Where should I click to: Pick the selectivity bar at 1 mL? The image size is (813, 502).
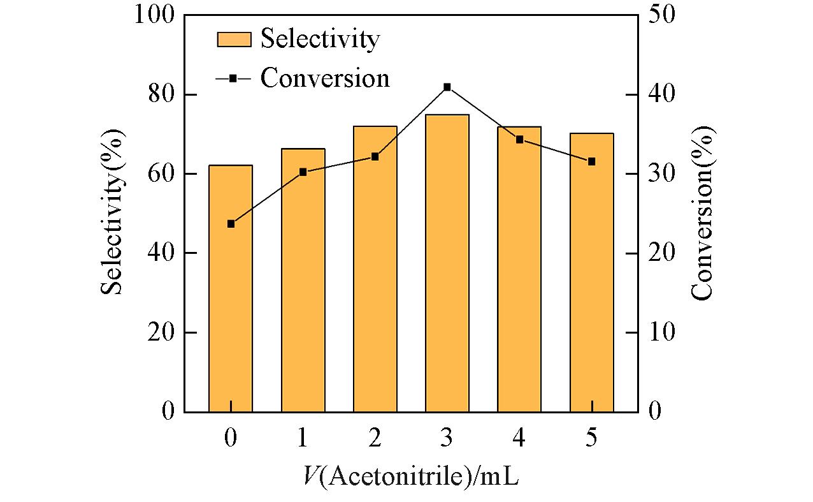[x=303, y=280]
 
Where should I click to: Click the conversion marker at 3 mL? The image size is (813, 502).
[x=447, y=87]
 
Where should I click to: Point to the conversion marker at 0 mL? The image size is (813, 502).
[x=231, y=224]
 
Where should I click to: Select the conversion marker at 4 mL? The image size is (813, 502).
[x=519, y=139]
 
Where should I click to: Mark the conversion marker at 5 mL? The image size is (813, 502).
[x=592, y=161]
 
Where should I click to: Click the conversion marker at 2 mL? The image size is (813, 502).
[x=375, y=156]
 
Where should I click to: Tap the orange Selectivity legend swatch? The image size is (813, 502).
[x=234, y=39]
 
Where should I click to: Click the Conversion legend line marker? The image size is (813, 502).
[x=233, y=78]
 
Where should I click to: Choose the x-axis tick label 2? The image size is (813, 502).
[x=375, y=439]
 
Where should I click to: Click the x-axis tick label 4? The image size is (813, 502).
[x=519, y=439]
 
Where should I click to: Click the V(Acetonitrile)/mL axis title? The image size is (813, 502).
[x=410, y=476]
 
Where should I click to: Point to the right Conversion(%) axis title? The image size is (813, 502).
[x=703, y=213]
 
